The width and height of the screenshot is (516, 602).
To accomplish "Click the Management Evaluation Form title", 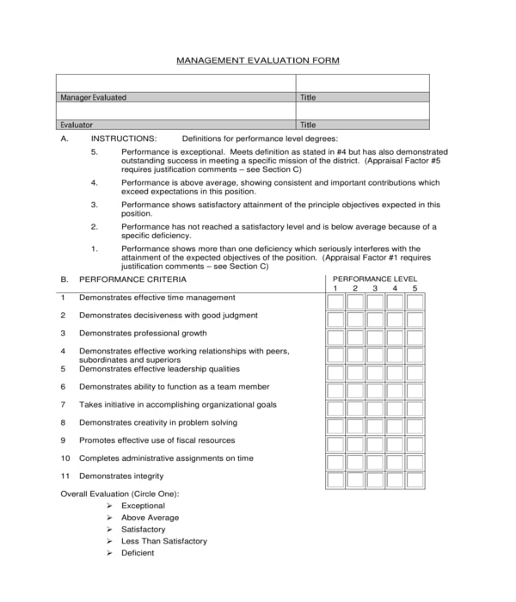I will [x=258, y=60].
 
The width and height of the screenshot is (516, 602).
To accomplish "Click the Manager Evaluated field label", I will [x=93, y=97].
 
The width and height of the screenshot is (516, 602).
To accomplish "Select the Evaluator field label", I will [x=77, y=125].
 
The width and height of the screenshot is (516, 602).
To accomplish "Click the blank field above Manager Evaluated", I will [x=177, y=83].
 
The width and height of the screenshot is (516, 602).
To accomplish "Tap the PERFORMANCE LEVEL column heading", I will [x=375, y=279].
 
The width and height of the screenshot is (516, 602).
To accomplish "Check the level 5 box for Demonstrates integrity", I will [x=415, y=480].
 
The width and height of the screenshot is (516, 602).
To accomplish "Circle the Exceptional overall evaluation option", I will [x=143, y=506].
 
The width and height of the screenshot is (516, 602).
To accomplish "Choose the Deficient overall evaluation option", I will [x=138, y=553].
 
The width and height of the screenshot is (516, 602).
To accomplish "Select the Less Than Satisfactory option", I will [x=164, y=541].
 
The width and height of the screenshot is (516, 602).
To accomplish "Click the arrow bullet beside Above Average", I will [x=109, y=518].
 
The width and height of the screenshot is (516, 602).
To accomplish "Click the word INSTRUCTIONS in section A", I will [x=124, y=138].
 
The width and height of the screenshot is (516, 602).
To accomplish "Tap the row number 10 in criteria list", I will [x=64, y=458].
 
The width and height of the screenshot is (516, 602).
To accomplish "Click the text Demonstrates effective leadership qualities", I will [x=159, y=369].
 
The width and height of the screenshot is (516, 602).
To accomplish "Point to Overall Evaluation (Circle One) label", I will [x=120, y=494].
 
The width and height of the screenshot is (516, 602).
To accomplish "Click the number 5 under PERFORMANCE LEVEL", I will [x=415, y=288].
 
